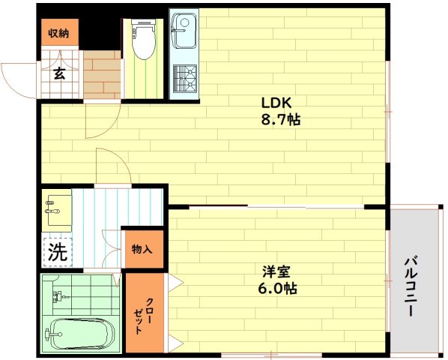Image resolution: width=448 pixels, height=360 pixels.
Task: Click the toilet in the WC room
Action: tap(144, 39)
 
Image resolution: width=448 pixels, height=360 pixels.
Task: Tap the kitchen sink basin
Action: tap(183, 31)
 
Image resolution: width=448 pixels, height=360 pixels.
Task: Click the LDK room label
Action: tap(276, 103)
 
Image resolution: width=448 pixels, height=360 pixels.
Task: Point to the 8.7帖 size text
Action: tap(281, 120)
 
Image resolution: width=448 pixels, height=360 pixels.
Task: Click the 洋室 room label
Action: tap(276, 271)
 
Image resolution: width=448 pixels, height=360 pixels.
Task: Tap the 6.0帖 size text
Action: tap(277, 289)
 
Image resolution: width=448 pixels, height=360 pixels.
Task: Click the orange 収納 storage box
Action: tap(60, 32)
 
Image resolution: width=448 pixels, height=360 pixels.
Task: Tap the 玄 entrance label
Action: tap(59, 73)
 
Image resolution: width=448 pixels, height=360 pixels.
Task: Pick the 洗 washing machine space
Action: tap(58, 252)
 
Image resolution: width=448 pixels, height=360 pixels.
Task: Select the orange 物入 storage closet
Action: tap(142, 249)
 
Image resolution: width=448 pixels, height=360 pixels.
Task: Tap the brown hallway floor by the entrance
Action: tap(102, 75)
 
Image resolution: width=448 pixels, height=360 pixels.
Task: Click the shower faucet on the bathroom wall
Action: tap(59, 296)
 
